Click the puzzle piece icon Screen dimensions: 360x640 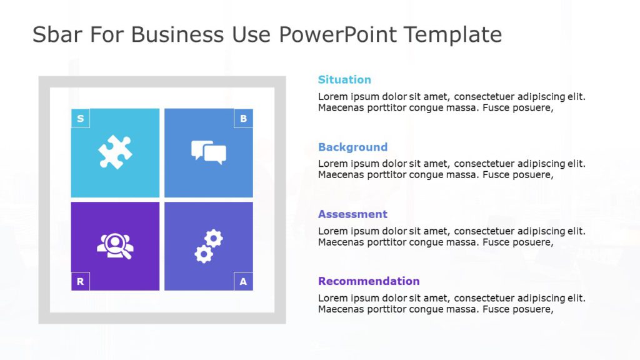tap(115, 152)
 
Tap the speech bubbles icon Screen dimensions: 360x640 tap(208, 152)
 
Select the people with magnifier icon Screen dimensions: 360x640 tap(115, 246)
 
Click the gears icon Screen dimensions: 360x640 tap(208, 246)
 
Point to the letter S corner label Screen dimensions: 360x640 tap(80, 118)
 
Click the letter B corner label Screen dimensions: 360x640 tap(243, 118)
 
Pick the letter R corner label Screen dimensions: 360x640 tap(80, 281)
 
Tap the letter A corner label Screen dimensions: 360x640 tap(243, 281)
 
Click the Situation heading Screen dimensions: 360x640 tap(344, 79)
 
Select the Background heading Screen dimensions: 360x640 tap(352, 147)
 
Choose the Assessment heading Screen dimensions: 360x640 tap(352, 214)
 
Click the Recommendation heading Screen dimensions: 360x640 tap(369, 281)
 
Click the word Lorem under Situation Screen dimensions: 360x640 tap(332, 96)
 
